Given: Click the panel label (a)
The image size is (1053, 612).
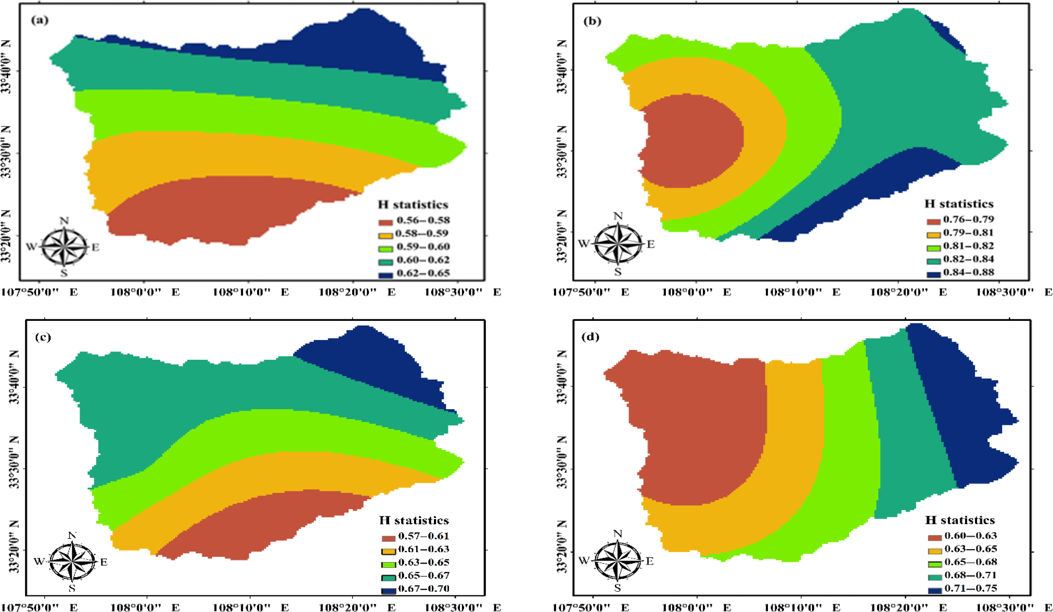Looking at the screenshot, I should [x=40, y=20].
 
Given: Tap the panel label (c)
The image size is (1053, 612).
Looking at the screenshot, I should [x=43, y=337].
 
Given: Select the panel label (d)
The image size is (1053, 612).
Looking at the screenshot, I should [x=590, y=337].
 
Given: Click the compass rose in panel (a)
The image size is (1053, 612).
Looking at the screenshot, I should [x=64, y=246].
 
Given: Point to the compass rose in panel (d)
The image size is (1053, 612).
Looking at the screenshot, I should [x=617, y=561].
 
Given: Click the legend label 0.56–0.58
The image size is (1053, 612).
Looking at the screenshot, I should [x=423, y=220].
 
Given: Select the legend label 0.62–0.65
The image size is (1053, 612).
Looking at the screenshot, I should [x=423, y=274].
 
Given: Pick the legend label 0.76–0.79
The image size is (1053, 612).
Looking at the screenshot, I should [x=968, y=219].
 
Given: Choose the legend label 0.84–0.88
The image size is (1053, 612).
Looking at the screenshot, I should [x=968, y=272].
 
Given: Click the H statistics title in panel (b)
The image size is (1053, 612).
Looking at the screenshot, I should [x=959, y=204].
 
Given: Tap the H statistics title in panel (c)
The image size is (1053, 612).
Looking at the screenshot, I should [x=414, y=520].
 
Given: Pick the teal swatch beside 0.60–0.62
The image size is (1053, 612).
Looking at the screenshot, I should [x=386, y=262].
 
